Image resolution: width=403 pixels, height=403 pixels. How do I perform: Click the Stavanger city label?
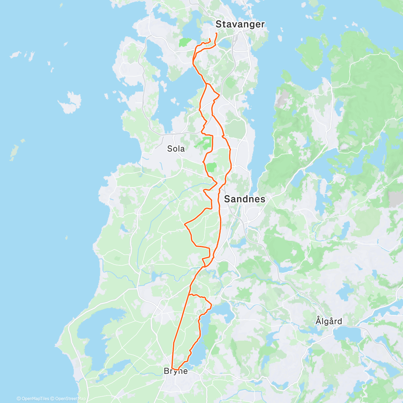(240, 24)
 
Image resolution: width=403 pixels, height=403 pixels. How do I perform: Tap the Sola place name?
(176, 148)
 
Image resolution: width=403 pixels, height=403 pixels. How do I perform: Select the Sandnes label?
(244, 199)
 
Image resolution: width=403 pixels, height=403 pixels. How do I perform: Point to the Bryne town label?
(176, 371)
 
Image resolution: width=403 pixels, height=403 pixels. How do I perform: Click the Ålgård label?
(329, 321)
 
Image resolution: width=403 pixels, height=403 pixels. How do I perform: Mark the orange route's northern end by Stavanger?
(216, 33)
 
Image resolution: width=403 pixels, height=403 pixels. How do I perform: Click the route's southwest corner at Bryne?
(172, 368)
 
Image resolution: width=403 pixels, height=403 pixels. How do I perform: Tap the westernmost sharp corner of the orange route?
(185, 223)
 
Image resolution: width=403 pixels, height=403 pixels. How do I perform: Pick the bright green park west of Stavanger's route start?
(185, 42)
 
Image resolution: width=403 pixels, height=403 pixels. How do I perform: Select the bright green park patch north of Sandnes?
(211, 167)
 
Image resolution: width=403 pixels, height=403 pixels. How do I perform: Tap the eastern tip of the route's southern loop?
(212, 305)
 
